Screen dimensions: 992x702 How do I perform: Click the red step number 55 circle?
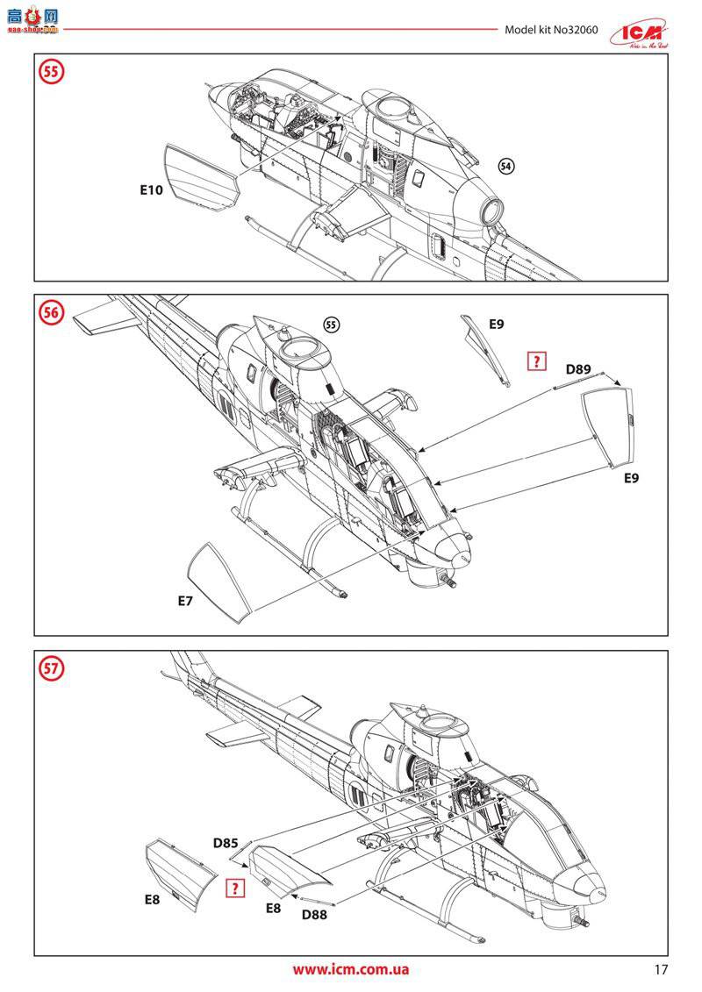point(52,72)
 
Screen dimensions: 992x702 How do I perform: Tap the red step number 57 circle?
point(52,668)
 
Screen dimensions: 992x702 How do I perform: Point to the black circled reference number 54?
point(506,166)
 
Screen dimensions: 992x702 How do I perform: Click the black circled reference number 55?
point(331,325)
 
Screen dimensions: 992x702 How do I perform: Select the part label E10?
point(150,189)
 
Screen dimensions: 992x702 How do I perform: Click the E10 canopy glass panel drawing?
point(201,178)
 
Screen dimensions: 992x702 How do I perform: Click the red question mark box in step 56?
point(534,360)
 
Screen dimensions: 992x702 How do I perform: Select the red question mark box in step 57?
point(234,888)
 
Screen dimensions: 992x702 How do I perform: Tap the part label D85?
point(226,844)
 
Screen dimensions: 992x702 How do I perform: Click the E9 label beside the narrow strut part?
point(496,325)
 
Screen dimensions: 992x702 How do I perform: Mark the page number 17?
point(661,969)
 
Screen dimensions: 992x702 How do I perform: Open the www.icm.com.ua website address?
point(350,969)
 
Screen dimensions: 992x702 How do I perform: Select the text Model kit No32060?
point(551,30)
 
